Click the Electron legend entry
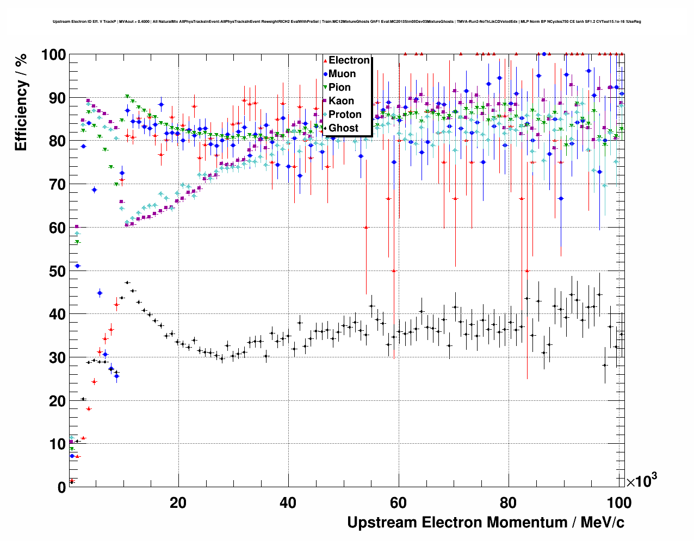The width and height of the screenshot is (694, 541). pos(349,60)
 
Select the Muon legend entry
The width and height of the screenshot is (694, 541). pos(342,74)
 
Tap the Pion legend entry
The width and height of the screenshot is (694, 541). pos(339,87)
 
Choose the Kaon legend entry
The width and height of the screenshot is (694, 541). pos(341,101)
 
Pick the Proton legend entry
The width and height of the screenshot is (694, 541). pos(345,115)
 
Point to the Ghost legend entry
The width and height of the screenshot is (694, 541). pos(343,128)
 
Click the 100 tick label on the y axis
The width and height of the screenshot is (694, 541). pos(53,55)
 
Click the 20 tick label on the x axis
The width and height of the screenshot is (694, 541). pos(178,503)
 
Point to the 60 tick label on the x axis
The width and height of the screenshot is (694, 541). pos(399,503)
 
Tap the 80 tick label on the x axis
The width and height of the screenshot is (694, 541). pos(509,503)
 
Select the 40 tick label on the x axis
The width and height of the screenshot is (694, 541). pos(288,503)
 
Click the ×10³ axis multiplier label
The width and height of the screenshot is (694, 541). pos(641,480)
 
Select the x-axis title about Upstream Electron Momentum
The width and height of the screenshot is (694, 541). pos(486,523)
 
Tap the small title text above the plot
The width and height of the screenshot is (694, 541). pos(347,22)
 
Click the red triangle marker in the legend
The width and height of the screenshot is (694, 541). pos(325,60)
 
